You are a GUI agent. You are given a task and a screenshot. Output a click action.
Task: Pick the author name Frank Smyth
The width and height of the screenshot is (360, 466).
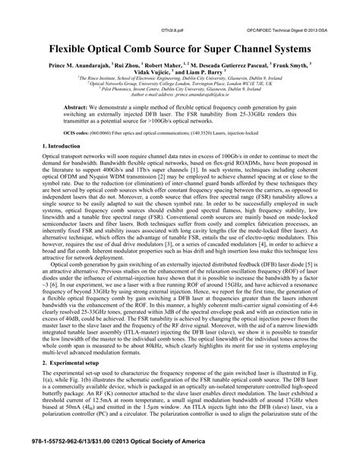pos(306,65)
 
